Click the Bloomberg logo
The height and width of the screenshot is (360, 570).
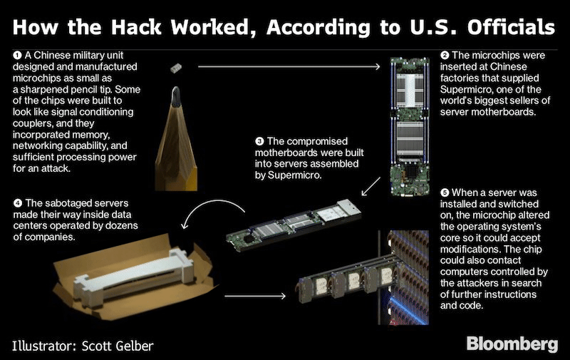[x=512, y=344]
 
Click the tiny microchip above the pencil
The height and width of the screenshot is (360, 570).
[x=176, y=68]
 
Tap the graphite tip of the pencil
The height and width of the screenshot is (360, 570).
[x=176, y=96]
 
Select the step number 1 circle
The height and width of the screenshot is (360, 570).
[x=17, y=56]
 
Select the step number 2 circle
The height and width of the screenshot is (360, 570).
[x=445, y=56]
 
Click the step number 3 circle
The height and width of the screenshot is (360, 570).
[x=259, y=141]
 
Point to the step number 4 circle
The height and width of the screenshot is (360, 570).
[x=17, y=203]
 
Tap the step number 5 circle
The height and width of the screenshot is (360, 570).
[x=445, y=192]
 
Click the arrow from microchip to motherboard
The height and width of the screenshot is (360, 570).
[x=289, y=66]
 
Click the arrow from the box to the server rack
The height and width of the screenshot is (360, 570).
[x=255, y=297]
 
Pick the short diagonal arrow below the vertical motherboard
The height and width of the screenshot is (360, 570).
[x=370, y=186]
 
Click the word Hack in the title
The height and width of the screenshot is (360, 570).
[x=136, y=27]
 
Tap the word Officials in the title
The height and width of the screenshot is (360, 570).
[x=511, y=27]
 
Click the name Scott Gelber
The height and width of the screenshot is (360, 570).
[x=118, y=346]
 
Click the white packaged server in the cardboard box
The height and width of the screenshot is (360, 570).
[x=134, y=277]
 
